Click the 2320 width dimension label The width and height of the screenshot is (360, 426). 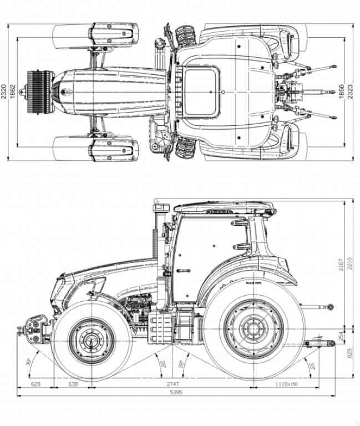pos(4,92)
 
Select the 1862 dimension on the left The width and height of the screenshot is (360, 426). pos(13,92)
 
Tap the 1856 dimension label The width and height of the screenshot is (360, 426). pos(342,92)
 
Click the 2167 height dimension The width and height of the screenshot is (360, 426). pos(341,265)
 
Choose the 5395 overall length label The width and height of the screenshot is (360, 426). pos(176,392)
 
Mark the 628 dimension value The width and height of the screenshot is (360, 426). pos(35,384)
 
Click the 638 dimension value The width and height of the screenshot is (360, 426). pos(73,384)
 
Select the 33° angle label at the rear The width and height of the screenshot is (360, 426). pos(312,366)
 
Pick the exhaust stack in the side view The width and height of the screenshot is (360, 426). pos(159,233)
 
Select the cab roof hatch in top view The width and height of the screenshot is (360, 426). pos(201,92)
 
